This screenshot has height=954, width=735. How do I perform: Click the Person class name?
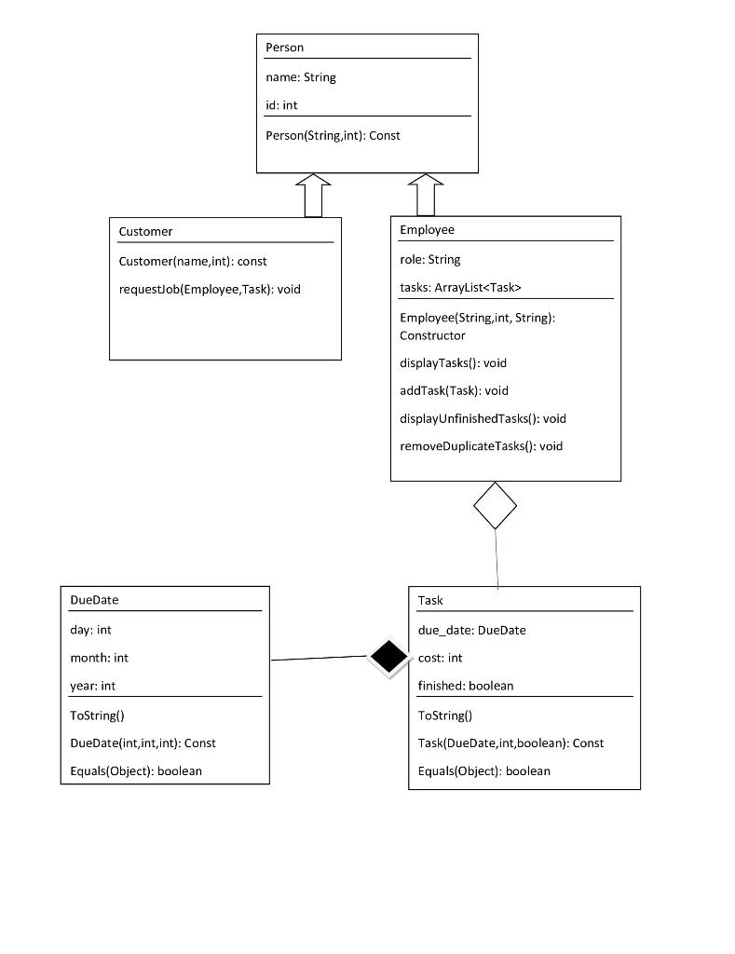click(284, 48)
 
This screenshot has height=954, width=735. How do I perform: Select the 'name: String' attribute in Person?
click(301, 77)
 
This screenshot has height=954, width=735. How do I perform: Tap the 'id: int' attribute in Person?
click(281, 105)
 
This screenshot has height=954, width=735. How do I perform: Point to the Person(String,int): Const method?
click(333, 135)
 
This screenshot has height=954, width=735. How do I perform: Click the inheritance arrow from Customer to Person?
click(313, 195)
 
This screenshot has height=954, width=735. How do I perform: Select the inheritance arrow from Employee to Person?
click(426, 195)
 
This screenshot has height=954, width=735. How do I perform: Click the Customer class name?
click(145, 231)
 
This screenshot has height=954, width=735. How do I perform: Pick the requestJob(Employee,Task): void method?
click(210, 289)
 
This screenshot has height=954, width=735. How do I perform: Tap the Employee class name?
click(427, 229)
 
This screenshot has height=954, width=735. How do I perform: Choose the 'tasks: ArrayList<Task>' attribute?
click(460, 288)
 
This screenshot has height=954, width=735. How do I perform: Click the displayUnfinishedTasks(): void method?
click(483, 418)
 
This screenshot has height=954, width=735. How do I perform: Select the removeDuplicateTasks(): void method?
click(481, 446)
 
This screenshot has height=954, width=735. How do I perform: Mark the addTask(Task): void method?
click(454, 390)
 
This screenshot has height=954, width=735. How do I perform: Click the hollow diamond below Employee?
click(495, 505)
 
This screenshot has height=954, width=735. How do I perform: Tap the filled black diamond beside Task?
click(388, 656)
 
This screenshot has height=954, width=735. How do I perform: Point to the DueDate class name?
click(94, 600)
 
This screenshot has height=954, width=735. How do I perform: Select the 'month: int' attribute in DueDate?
click(99, 658)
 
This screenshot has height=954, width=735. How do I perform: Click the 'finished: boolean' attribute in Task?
click(465, 686)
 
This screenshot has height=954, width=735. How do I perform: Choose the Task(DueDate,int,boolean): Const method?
click(510, 743)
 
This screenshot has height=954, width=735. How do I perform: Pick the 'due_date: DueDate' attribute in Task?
click(471, 630)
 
